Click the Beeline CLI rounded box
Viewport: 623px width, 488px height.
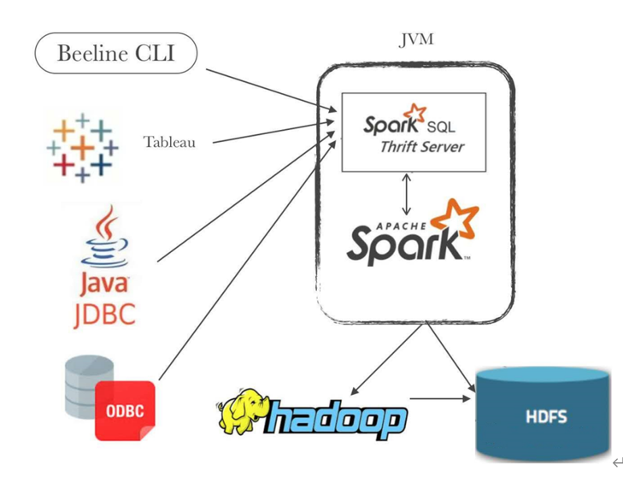115,53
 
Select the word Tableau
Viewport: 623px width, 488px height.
169,142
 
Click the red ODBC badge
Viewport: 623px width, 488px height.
125,411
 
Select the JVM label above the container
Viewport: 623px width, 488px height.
416,40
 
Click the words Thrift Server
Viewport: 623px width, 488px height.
422,147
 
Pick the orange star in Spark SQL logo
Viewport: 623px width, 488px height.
415,114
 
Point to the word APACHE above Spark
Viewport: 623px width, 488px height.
395,226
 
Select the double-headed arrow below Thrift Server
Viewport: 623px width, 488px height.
407,194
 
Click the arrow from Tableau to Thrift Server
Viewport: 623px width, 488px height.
272,134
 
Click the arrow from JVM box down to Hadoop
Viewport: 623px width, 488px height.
383,362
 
